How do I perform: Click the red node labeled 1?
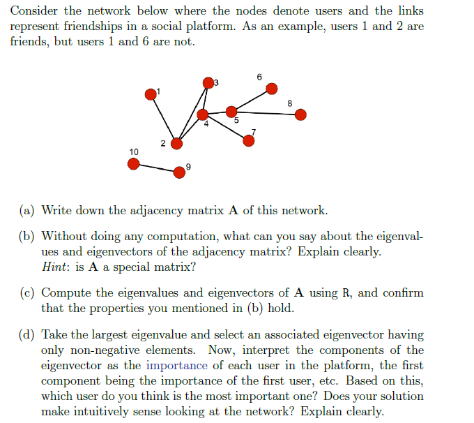(x=151, y=94)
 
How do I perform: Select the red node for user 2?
(x=177, y=143)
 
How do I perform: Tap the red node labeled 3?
(x=207, y=83)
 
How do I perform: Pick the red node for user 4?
(x=203, y=114)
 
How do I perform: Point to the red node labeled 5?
(x=231, y=111)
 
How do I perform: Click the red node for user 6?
(x=272, y=88)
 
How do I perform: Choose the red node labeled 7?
(x=249, y=140)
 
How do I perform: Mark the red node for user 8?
(x=300, y=114)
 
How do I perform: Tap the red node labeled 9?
(x=180, y=170)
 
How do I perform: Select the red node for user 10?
(x=134, y=163)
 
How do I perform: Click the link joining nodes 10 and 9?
(x=157, y=167)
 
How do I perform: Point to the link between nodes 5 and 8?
(x=266, y=112)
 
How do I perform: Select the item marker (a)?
(x=28, y=210)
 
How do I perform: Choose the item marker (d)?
(x=28, y=335)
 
